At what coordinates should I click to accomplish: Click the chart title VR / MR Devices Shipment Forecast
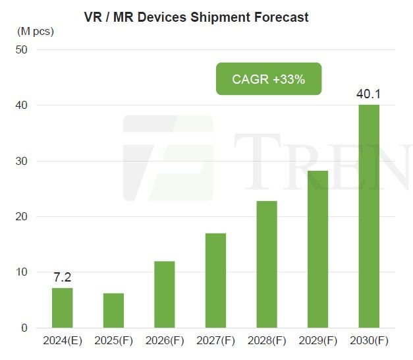pos(196,17)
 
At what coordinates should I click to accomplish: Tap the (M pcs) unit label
pos(36,30)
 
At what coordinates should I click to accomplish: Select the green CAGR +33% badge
pos(269,79)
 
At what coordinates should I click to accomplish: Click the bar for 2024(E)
pos(62,308)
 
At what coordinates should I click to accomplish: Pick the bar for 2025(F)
pos(113,311)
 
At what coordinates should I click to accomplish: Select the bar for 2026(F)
pos(165,295)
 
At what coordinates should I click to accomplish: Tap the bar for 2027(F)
pos(215,280)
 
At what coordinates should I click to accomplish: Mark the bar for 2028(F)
pos(267,264)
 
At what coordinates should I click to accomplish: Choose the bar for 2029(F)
pos(317,249)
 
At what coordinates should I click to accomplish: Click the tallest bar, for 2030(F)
pos(369,216)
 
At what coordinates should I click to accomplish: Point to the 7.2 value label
pos(62,277)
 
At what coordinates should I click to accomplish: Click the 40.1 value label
pos(369,94)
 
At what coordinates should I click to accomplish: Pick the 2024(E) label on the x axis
pos(62,342)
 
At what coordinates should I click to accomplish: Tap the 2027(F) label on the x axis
pos(215,342)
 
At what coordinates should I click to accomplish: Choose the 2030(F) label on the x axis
pos(369,342)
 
